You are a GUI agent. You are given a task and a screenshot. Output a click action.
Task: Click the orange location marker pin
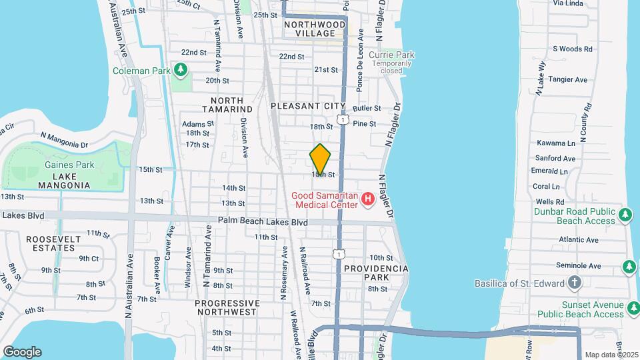320,159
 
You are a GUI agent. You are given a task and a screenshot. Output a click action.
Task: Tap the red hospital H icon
367,199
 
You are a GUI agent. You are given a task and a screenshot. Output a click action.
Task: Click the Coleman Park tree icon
179,69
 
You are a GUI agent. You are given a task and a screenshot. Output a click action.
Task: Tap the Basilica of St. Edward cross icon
575,283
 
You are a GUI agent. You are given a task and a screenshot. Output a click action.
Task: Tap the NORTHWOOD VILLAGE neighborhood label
315,29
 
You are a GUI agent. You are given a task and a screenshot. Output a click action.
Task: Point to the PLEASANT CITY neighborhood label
308,106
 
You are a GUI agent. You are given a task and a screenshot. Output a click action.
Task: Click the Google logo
22,351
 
